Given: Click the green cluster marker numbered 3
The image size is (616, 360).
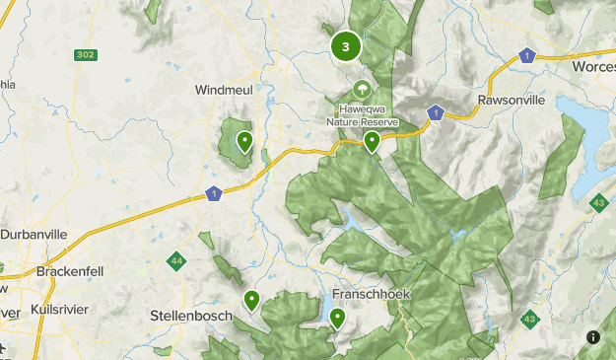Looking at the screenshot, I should [345, 45].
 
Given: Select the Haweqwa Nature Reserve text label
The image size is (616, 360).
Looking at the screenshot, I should [363, 114].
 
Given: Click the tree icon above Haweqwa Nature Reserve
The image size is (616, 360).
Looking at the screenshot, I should [363, 89].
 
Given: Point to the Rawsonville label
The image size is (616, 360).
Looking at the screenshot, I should [512, 101].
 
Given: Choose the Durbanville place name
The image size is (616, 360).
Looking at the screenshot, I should [34, 235].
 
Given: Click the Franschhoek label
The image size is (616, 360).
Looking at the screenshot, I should [370, 295].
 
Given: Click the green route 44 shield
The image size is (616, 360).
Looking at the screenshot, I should [176, 260].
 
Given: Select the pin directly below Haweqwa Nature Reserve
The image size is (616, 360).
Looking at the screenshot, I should [372, 142].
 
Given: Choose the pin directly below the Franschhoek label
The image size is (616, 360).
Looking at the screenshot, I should [337, 318].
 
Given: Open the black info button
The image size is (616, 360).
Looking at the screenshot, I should [593, 337].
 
